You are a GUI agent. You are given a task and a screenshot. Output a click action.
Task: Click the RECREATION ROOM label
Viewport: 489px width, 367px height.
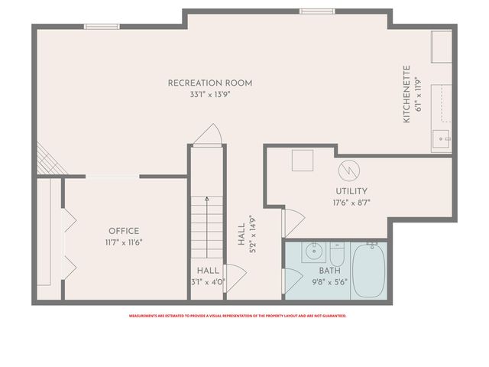[210, 83]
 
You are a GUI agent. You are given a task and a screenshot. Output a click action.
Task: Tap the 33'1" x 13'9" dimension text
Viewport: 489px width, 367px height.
[210, 94]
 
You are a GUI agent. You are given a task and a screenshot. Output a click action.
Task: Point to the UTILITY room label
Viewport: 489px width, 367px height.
[351, 191]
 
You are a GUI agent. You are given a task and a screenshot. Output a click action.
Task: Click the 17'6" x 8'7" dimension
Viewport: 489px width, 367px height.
[351, 203]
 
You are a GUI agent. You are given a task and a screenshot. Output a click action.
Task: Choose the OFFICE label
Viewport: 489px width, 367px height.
[124, 231]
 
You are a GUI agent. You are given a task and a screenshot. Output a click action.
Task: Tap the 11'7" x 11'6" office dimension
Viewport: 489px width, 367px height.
[124, 242]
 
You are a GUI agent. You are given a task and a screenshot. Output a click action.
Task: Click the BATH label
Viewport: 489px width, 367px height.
[329, 270]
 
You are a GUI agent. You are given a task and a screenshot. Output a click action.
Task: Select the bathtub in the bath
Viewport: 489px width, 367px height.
[368, 271]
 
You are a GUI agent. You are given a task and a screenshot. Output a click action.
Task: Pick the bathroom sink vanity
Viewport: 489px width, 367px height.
[313, 251]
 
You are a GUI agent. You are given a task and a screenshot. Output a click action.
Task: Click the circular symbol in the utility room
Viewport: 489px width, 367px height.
[347, 166]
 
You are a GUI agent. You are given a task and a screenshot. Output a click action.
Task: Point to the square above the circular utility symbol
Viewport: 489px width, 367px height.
[302, 160]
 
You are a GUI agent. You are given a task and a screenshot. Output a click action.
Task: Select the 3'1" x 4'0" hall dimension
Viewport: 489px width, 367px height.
[208, 281]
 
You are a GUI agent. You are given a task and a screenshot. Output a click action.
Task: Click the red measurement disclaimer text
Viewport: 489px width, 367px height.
[237, 316]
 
